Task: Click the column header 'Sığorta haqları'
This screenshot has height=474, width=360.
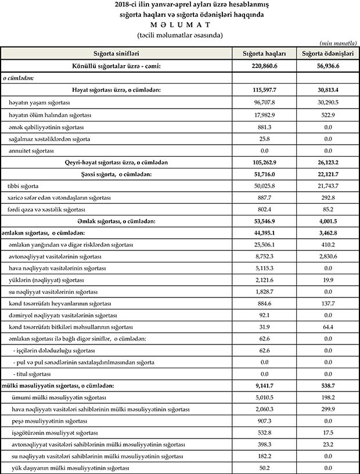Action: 264,53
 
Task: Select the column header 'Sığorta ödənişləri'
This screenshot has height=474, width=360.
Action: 328,53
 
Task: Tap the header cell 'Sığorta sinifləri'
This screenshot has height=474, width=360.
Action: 117,53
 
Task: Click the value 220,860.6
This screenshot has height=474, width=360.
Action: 264,66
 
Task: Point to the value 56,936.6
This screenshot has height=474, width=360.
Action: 328,66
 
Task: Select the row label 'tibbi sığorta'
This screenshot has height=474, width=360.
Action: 24,186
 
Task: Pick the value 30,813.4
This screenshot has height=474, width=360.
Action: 328,90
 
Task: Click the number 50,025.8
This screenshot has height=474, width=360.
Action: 264,186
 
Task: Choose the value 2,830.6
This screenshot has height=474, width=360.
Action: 328,257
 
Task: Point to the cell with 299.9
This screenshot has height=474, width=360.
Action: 328,409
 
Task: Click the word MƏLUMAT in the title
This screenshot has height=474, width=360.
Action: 179,25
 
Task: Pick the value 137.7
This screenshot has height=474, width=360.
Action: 328,303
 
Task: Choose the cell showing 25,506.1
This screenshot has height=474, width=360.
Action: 264,245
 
